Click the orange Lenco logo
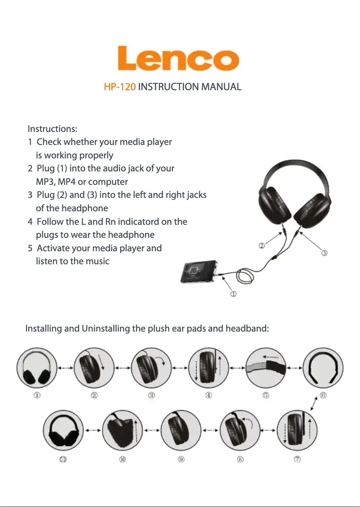pyautogui.click(x=178, y=58)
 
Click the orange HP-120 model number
pyautogui.click(x=120, y=87)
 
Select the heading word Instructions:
pyautogui.click(x=53, y=129)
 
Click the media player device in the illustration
pyautogui.click(x=199, y=271)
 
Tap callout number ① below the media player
pyautogui.click(x=233, y=294)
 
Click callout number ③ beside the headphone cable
pyautogui.click(x=325, y=253)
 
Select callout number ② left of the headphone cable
pyautogui.click(x=262, y=246)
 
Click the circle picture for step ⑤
pyautogui.click(x=266, y=368)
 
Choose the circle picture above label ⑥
pyautogui.click(x=323, y=368)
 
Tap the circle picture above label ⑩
pyautogui.click(x=123, y=430)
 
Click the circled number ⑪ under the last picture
pyautogui.click(x=63, y=459)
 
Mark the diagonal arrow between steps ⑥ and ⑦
pyautogui.click(x=314, y=404)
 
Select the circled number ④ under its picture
pyautogui.click(x=209, y=395)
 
